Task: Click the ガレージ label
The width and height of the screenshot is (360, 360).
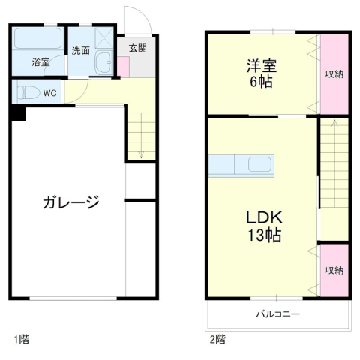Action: coord(71,202)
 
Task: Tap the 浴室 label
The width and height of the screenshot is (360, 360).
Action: coord(40,62)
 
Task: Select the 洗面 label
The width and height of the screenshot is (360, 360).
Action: coord(81,50)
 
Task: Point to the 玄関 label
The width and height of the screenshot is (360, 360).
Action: coord(137,48)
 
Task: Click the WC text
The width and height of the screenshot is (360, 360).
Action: coord(49,93)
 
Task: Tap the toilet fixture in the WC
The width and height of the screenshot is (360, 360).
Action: coord(28,93)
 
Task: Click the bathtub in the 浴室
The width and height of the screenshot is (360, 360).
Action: coord(39,39)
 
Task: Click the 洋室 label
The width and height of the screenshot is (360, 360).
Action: coord(259,65)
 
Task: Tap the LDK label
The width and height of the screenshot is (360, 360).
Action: coord(264,218)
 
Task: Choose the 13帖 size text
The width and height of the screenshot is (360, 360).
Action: coord(264,235)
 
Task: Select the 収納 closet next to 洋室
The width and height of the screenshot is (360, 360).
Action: coord(334,73)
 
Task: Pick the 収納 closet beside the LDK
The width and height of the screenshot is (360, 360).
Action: coord(334,270)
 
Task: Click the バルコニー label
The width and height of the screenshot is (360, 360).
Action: coord(277,313)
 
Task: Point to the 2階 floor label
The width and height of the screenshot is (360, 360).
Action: coord(217,339)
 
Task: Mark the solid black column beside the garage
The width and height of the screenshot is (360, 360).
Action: coord(18,113)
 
